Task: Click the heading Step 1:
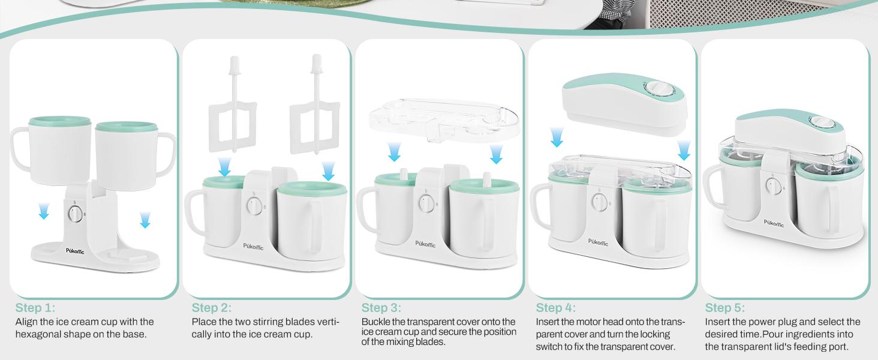[x=35, y=308]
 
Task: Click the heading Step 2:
[x=211, y=308]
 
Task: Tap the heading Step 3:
[x=381, y=308]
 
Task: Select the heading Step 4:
[x=555, y=308]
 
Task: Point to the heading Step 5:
[x=724, y=308]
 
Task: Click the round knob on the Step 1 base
[x=75, y=213]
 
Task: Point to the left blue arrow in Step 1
[x=43, y=211]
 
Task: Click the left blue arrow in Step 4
[x=557, y=137]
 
